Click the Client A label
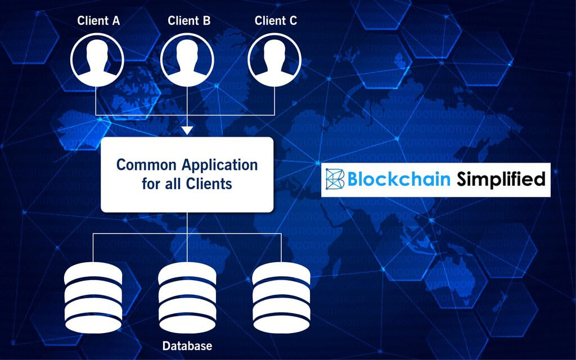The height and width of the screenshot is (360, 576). click(x=98, y=21)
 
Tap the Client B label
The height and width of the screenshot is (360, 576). click(x=189, y=21)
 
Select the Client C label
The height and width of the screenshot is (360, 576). click(x=276, y=21)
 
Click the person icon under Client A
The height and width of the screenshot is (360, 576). click(x=97, y=60)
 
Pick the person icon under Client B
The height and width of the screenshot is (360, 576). click(x=187, y=60)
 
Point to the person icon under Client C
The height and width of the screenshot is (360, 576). click(x=274, y=60)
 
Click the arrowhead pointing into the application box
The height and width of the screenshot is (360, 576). click(x=187, y=130)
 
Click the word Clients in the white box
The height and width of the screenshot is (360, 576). click(x=209, y=183)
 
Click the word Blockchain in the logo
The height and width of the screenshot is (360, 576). click(x=399, y=179)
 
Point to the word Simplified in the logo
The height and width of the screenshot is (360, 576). click(x=501, y=179)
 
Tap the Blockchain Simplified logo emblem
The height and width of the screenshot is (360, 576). click(x=335, y=179)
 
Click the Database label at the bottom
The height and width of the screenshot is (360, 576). click(x=187, y=346)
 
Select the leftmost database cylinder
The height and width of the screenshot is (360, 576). click(x=93, y=298)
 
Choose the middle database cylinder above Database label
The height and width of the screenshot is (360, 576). click(x=187, y=298)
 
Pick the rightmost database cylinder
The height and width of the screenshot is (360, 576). click(x=281, y=298)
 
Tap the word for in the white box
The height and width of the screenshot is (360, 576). click(x=151, y=183)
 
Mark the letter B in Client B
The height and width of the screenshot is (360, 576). click(x=206, y=21)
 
